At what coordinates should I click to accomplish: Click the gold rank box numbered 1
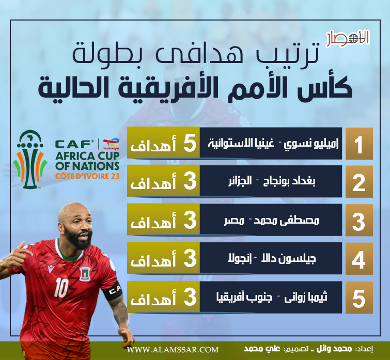359,144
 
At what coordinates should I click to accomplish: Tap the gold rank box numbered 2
359,182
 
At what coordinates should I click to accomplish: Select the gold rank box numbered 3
359,220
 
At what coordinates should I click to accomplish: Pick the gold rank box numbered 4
359,259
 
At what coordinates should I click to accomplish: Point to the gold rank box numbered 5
359,298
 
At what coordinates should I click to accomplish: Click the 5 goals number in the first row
190,144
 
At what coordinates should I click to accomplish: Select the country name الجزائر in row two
240,181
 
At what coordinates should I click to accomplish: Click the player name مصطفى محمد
286,220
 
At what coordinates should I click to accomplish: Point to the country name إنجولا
240,259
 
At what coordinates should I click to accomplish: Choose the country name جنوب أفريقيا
244,297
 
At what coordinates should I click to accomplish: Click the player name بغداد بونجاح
289,181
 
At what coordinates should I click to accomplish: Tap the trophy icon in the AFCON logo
30,160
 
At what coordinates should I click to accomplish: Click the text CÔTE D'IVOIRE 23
87,176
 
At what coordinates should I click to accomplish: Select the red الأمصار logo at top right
348,38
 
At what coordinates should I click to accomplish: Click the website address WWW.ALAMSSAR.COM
173,350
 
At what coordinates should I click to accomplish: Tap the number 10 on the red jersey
61,287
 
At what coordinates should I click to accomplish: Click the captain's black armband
115,290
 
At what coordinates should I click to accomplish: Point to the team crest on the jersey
85,274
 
